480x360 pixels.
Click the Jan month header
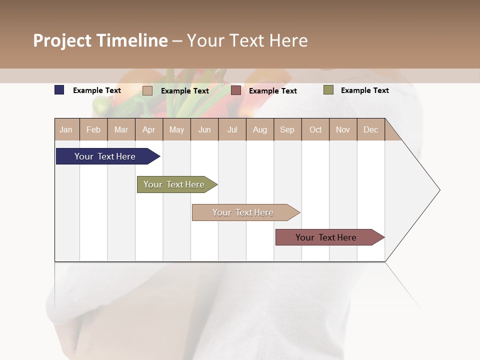(66, 129)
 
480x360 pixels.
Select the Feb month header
(93, 129)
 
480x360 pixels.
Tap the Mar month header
(121, 129)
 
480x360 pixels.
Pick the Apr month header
(149, 129)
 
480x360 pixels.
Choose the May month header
(176, 129)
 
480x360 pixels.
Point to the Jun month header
(204, 129)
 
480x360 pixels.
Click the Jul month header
(232, 129)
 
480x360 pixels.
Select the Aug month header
(260, 129)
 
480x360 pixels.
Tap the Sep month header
(287, 129)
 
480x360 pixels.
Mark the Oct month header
(315, 129)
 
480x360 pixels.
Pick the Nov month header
(343, 129)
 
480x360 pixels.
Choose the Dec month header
(371, 129)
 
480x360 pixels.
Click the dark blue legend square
(59, 90)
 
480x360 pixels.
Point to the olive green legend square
(328, 90)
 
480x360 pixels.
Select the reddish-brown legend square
(236, 90)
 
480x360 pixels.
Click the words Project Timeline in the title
(100, 40)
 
